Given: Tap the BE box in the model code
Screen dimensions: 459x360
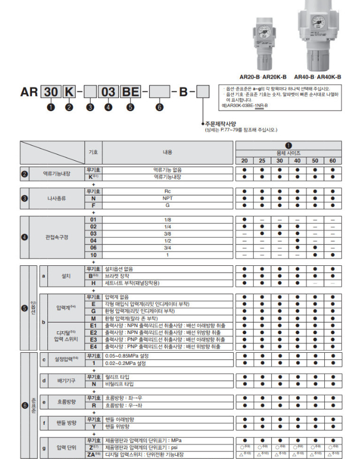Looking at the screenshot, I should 130,92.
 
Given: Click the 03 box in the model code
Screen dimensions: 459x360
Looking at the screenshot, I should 108,92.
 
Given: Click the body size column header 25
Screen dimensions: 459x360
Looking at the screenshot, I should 262,160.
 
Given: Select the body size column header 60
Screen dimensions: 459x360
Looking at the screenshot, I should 332,160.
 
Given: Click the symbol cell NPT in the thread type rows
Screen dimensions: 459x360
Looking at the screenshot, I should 94,198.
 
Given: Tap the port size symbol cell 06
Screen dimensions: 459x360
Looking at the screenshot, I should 94,248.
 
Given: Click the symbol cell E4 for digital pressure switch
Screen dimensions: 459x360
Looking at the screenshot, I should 94,347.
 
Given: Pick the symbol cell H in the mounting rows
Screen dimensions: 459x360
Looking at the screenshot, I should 94,283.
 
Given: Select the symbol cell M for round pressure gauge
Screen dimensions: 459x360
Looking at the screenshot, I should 94,318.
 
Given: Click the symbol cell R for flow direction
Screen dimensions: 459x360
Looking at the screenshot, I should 94,405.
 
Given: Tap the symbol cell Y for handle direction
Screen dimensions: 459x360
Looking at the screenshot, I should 94,427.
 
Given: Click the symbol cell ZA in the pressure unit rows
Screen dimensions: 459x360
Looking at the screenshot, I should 94,454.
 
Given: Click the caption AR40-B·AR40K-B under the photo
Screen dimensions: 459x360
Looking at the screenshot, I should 318,77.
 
